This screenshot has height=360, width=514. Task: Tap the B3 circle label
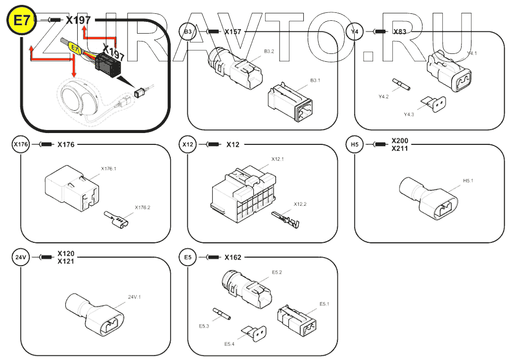pyautogui.click(x=187, y=32)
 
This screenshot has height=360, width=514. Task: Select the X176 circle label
pyautogui.click(x=21, y=145)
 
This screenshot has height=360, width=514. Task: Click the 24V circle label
pyautogui.click(x=21, y=257)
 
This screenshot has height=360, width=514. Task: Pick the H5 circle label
pyautogui.click(x=355, y=145)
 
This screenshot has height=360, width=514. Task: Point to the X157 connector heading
pyautogui.click(x=233, y=32)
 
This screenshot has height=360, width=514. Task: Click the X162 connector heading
pyautogui.click(x=233, y=257)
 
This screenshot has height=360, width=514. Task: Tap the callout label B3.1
pyautogui.click(x=316, y=80)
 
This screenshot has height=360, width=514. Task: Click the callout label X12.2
pyautogui.click(x=300, y=204)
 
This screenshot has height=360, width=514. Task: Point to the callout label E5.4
pyautogui.click(x=229, y=344)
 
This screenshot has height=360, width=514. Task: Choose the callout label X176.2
pyautogui.click(x=142, y=207)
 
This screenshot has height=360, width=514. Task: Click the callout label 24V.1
pyautogui.click(x=135, y=297)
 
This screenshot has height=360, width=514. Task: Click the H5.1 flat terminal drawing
pyautogui.click(x=430, y=200)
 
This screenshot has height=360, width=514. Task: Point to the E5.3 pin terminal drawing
pyautogui.click(x=222, y=314)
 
